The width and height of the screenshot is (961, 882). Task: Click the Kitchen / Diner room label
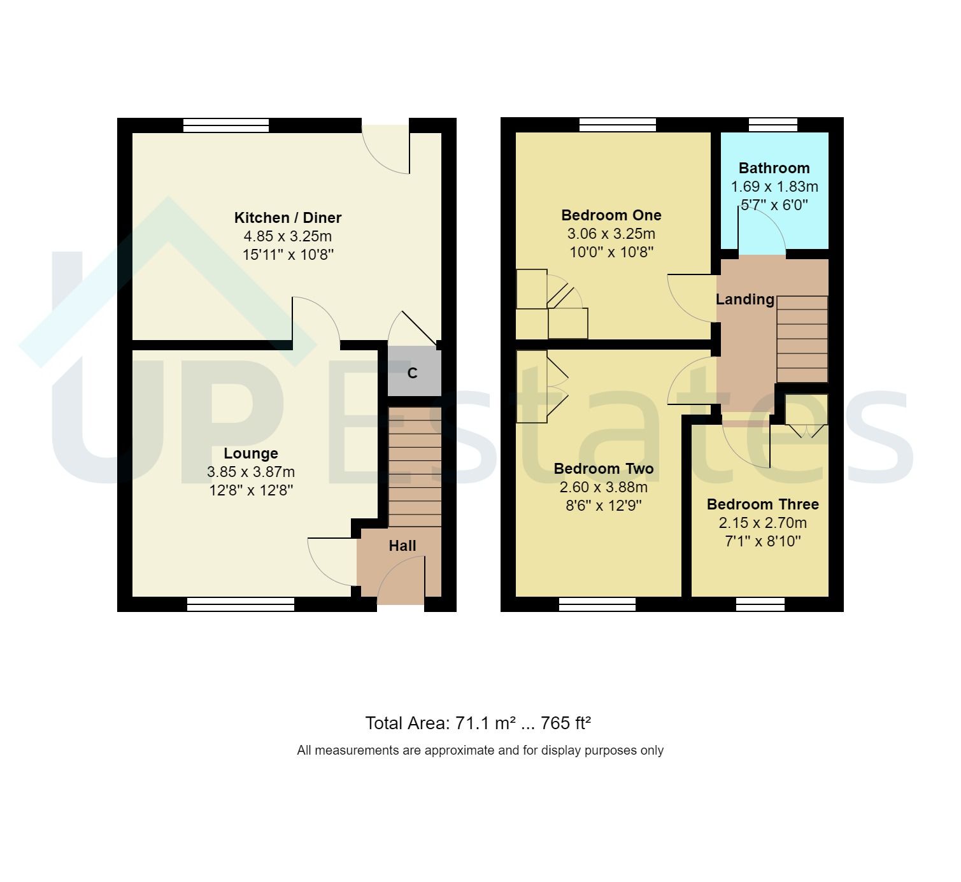pos(288,218)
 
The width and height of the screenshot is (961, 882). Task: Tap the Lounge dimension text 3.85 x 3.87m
pos(251,472)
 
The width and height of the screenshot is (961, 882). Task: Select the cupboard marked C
pos(413,372)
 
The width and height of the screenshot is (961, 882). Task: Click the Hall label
pos(402,546)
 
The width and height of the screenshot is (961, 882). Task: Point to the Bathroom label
pos(774,168)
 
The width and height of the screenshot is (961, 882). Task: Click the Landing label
pos(744,299)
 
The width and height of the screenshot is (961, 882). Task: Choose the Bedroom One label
pos(611,215)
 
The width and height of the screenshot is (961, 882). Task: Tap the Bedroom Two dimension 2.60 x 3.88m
pos(603,488)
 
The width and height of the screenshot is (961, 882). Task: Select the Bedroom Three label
pos(762,504)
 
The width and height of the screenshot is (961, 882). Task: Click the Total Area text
pos(478,723)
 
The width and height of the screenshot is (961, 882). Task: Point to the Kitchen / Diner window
pos(226,125)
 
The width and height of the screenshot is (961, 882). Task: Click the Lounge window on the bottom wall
pos(241,604)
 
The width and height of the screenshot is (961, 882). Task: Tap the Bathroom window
pos(772,125)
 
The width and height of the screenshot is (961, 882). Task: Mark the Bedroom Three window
pos(760,604)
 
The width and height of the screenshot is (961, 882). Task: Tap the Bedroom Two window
pos(597,604)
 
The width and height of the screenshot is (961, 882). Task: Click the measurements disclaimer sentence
pos(480,751)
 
